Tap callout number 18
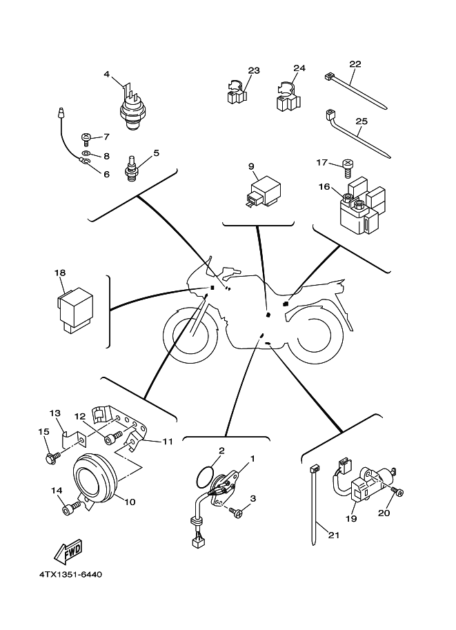(x=59, y=273)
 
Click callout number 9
(x=251, y=166)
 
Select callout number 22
(x=355, y=64)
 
